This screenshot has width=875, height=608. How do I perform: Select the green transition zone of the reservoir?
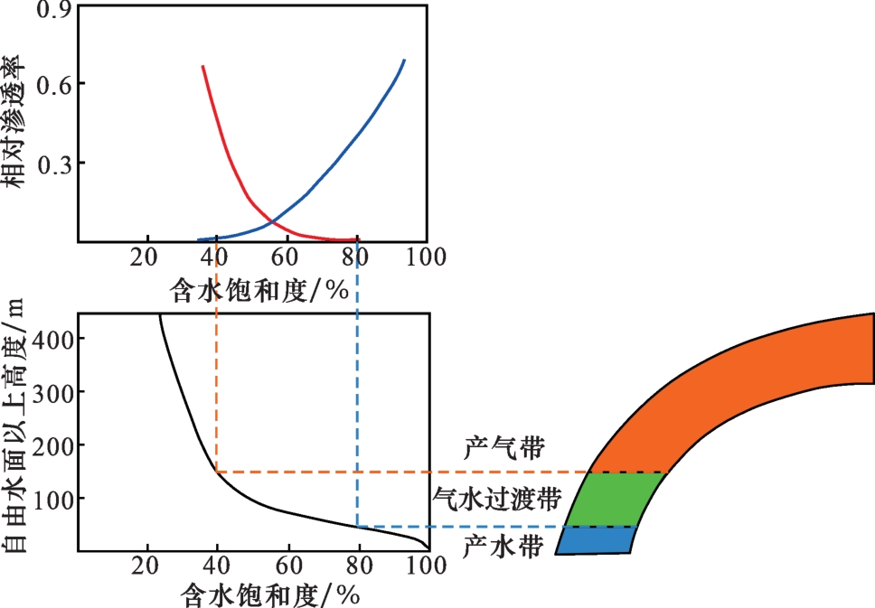point(615,499)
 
